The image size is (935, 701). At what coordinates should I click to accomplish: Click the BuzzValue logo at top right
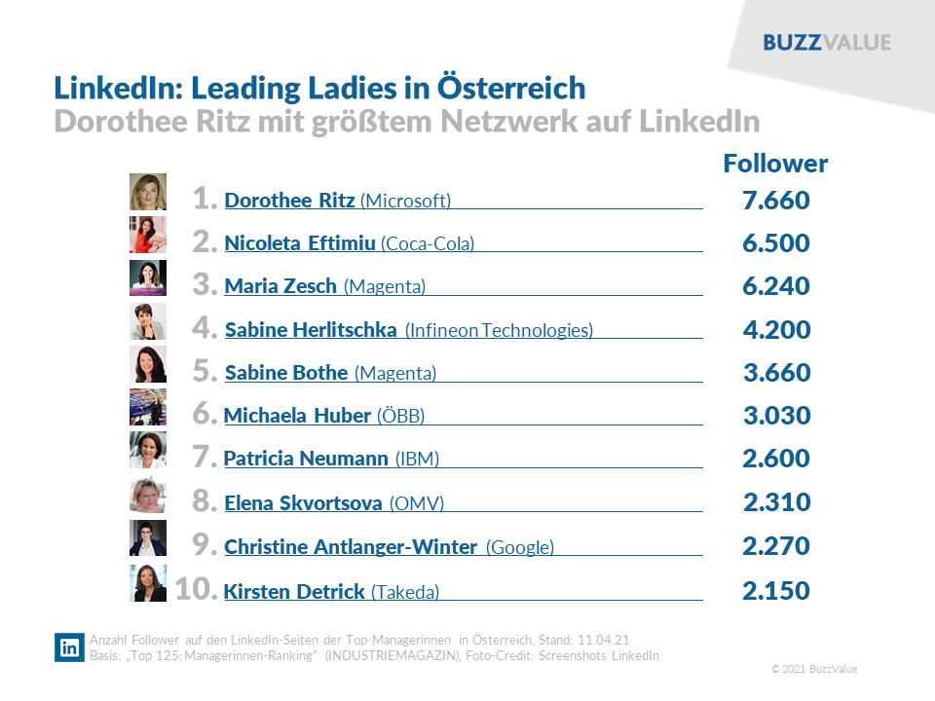(x=826, y=42)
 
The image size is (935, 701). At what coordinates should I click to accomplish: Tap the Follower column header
(x=775, y=164)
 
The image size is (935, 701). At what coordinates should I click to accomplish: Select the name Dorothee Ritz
(x=289, y=201)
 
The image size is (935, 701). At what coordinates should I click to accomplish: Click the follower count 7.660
(x=775, y=201)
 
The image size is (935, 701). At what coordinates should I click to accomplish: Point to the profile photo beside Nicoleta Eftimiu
(x=148, y=235)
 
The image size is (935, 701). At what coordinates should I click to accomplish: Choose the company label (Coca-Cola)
(x=428, y=243)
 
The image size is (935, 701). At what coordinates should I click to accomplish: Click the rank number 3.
(x=204, y=285)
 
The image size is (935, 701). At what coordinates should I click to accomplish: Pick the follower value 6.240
(x=775, y=286)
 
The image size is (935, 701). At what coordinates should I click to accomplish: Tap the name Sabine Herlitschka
(x=311, y=330)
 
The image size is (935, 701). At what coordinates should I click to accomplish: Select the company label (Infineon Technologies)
(x=499, y=330)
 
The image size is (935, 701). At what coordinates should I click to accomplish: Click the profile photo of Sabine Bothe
(x=148, y=364)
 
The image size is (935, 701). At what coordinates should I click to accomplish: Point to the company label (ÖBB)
(x=400, y=416)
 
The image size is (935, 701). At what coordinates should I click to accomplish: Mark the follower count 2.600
(x=775, y=459)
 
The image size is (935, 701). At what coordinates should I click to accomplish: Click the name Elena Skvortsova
(x=303, y=503)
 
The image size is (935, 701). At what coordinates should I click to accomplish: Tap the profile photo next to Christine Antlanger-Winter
(x=148, y=537)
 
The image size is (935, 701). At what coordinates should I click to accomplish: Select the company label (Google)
(x=520, y=547)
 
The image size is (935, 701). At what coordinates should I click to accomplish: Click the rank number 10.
(x=195, y=589)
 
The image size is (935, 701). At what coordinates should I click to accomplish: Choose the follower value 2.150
(x=775, y=590)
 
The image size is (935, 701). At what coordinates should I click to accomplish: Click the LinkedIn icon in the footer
(x=70, y=647)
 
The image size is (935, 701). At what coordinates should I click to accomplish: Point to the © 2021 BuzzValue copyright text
(x=814, y=669)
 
